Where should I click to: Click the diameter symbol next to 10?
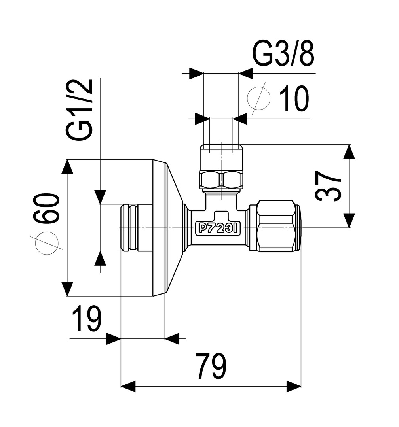click(x=258, y=98)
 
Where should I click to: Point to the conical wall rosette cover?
click(x=168, y=228)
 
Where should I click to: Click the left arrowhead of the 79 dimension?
click(x=128, y=386)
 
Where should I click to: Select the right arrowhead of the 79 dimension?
click(x=294, y=386)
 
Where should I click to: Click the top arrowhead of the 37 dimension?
click(x=349, y=152)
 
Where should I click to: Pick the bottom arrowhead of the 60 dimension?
click(x=68, y=289)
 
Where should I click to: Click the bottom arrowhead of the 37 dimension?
click(x=349, y=220)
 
